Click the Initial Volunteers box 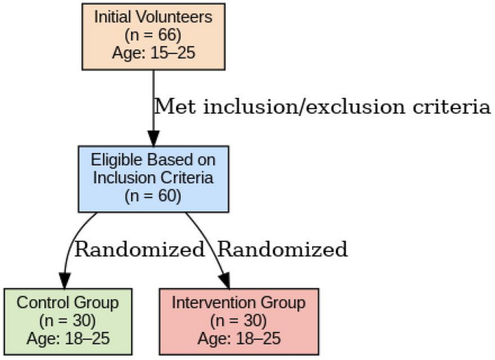click(153, 35)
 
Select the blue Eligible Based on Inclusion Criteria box click(153, 178)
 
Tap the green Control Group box click(68, 321)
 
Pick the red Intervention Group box click(239, 321)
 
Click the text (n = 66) click(153, 35)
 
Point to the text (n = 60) click(153, 195)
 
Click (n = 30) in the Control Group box click(68, 321)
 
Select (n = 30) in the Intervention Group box click(239, 321)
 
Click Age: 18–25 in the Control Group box click(68, 338)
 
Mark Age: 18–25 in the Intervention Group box click(239, 338)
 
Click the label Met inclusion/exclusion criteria click(322, 107)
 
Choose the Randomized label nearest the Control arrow click(139, 250)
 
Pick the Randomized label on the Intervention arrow click(282, 250)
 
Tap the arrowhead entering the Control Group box click(65, 280)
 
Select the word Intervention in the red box click(209, 304)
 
